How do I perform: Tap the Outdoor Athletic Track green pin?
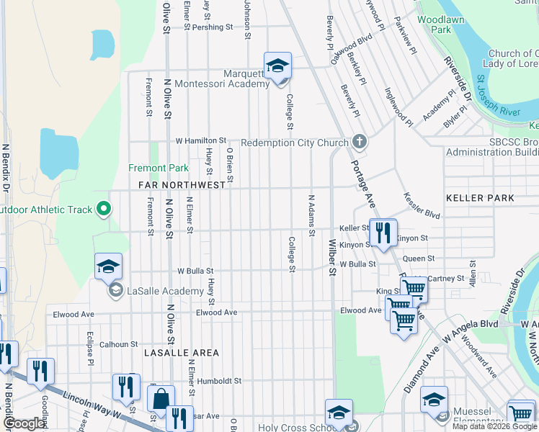pyautogui.click(x=104, y=210)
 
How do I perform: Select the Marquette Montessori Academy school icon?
pyautogui.click(x=277, y=66)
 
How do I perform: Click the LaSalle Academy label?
pyautogui.click(x=165, y=291)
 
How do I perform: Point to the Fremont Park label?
pyautogui.click(x=158, y=168)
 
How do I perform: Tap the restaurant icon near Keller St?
pyautogui.click(x=383, y=233)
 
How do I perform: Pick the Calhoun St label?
pyautogui.click(x=119, y=344)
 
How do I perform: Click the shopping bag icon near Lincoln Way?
pyautogui.click(x=161, y=398)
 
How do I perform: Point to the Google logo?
pyautogui.click(x=24, y=424)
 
